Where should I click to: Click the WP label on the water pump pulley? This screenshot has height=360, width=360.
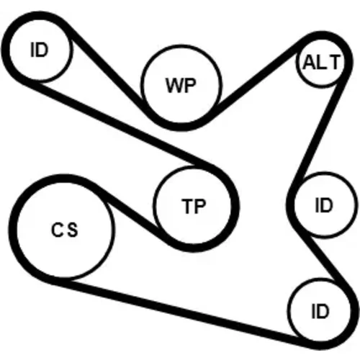181,86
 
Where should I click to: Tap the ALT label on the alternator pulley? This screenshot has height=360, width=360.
322,62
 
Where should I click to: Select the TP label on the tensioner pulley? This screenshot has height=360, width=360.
194,207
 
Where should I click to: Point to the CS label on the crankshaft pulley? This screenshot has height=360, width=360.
65,230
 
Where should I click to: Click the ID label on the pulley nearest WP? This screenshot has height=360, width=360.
40,50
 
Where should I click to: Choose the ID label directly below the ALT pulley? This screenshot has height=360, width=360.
324,205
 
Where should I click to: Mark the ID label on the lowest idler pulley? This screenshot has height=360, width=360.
320,311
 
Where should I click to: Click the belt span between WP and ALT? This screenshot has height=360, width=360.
257,76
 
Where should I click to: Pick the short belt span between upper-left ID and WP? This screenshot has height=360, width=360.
105,67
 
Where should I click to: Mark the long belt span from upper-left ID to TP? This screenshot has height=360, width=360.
120,125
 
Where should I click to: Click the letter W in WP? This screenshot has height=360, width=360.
174,86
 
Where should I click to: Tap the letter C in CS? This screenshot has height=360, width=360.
57,230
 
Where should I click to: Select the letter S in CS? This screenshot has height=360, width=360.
73,230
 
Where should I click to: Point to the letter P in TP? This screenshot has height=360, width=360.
200,207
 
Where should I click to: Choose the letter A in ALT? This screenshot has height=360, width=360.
310,62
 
